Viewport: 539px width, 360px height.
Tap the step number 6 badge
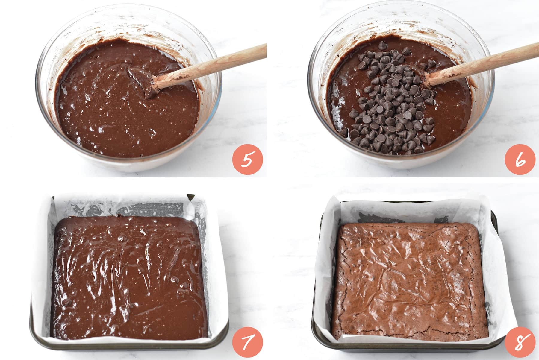520,160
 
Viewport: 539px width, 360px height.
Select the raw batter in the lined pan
127,277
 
